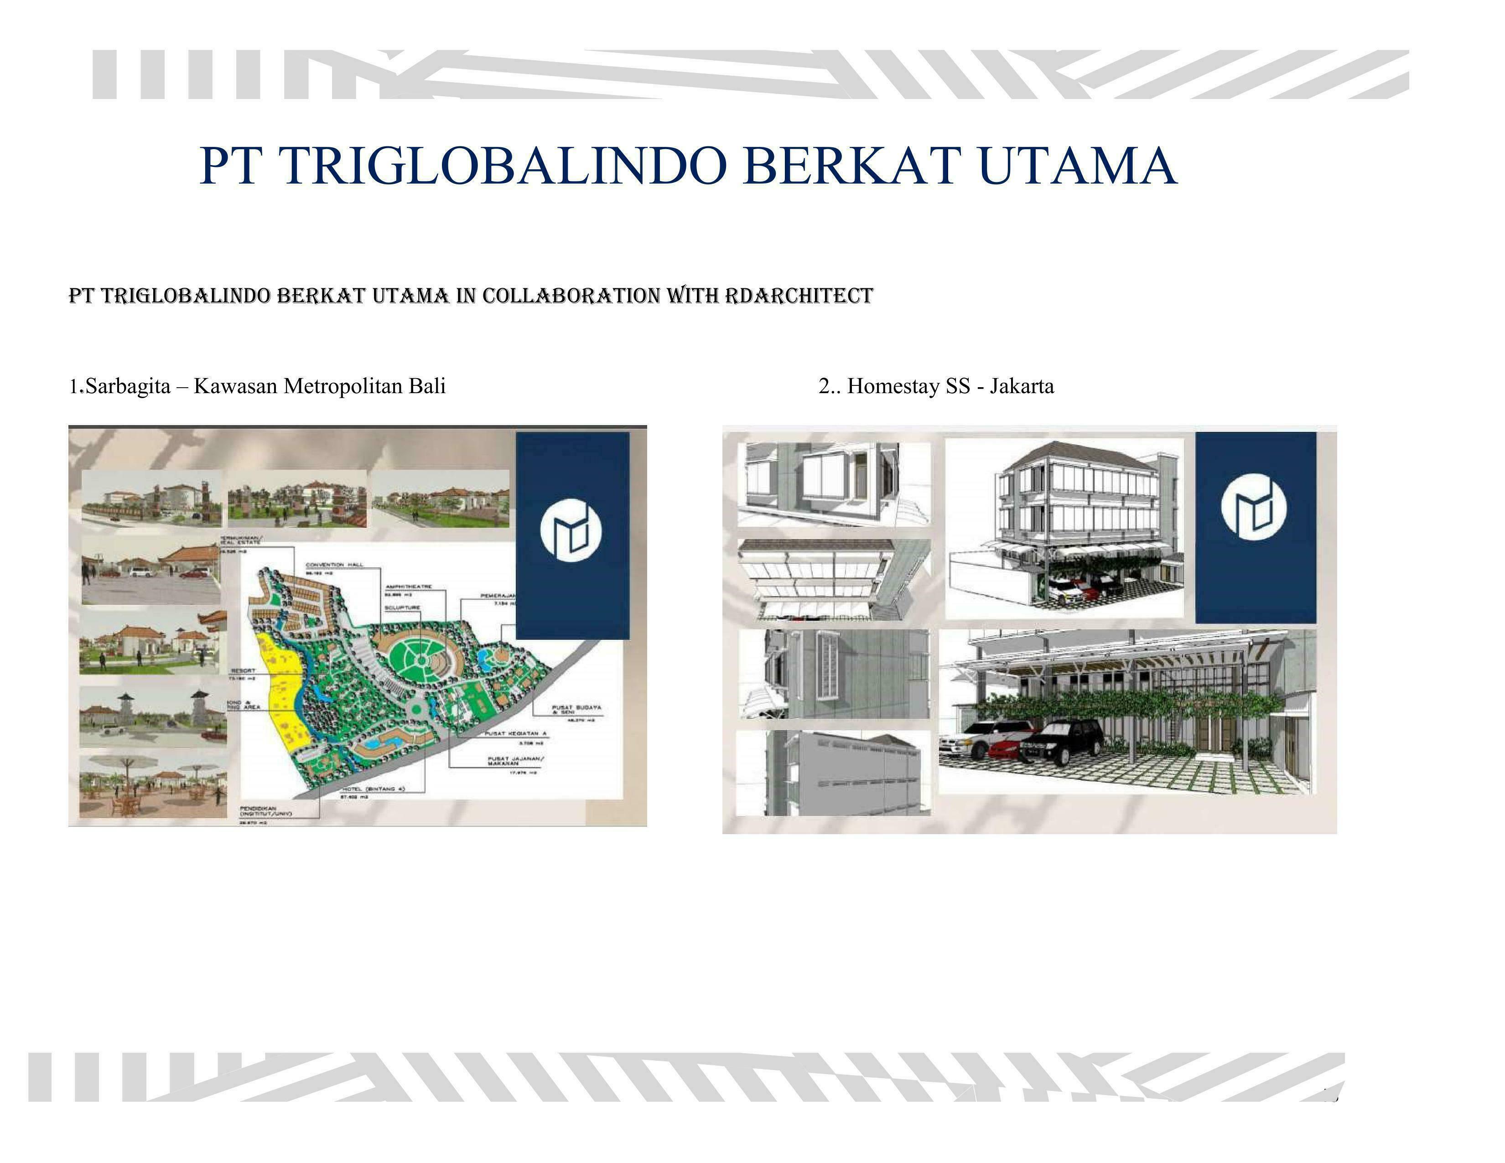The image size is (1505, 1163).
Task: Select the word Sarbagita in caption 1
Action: click(x=128, y=386)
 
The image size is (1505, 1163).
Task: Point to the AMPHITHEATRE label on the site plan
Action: click(x=409, y=587)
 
